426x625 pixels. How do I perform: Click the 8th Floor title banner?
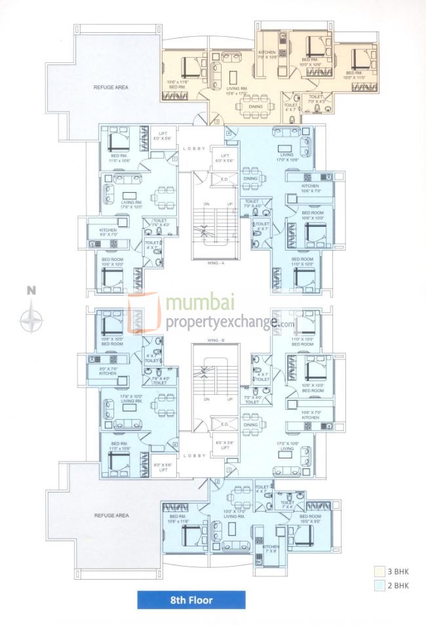(191, 599)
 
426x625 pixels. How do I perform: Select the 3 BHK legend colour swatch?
(379, 571)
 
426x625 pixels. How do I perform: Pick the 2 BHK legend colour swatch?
(379, 585)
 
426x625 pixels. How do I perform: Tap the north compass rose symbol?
(31, 320)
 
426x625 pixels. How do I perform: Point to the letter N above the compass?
(31, 291)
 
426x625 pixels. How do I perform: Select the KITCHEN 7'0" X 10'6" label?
(268, 54)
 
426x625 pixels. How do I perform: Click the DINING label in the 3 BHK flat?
(237, 106)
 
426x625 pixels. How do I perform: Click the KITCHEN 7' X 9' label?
(271, 549)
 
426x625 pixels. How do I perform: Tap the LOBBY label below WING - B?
(195, 455)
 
